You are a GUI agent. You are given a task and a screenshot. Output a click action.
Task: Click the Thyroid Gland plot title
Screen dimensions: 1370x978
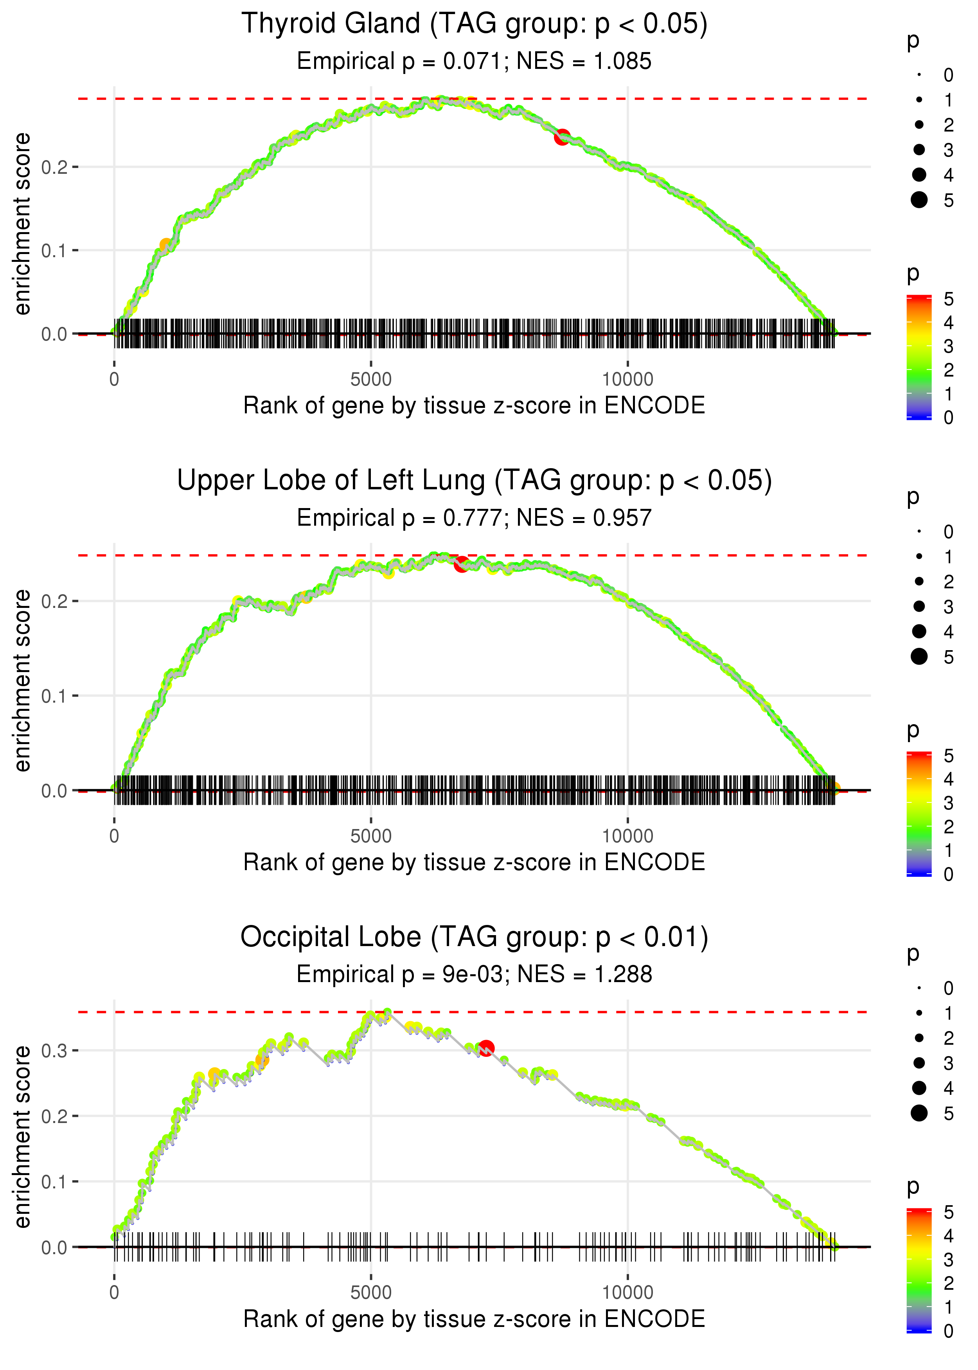tap(474, 24)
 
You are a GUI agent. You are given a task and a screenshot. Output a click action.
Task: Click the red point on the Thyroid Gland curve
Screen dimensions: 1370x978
tap(562, 137)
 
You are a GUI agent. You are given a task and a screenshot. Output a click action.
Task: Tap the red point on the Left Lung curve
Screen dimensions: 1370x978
tap(461, 564)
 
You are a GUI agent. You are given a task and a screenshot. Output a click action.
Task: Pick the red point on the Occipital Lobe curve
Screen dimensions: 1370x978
tap(486, 1048)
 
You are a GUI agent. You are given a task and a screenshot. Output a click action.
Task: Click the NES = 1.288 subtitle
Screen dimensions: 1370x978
tap(584, 974)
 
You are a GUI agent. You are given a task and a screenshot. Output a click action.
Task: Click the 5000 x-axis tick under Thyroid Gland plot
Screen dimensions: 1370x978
tap(371, 380)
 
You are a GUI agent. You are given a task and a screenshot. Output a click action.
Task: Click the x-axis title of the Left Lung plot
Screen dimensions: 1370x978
tap(474, 862)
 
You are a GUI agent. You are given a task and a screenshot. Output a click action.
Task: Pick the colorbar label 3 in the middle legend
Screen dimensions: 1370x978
tap(949, 803)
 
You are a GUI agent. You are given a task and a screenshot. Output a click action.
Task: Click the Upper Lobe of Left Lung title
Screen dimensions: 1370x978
tap(474, 481)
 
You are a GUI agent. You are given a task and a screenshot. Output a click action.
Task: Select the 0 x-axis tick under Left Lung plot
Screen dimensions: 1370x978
tap(114, 836)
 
